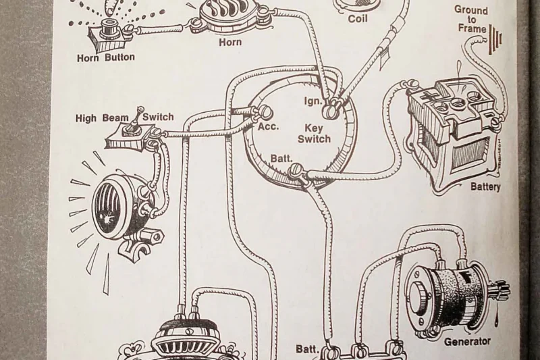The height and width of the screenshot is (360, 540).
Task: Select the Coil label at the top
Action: click(357, 19)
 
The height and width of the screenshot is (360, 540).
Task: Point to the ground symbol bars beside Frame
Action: click(498, 41)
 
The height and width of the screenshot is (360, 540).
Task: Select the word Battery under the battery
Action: click(485, 186)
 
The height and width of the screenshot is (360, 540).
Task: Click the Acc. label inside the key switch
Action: click(268, 126)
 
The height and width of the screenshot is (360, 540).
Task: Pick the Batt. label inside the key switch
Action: click(281, 158)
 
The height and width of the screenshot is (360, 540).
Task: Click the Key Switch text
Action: click(314, 134)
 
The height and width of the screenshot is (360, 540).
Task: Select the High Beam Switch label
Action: click(124, 118)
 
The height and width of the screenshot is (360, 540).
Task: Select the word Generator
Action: click(467, 342)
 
